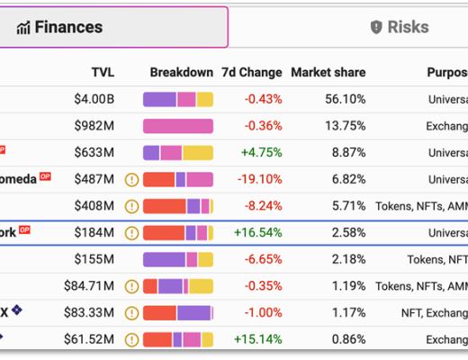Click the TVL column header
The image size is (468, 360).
tap(103, 72)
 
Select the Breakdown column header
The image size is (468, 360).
tap(181, 72)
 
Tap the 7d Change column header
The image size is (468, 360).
tap(251, 72)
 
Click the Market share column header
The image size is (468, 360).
tap(328, 72)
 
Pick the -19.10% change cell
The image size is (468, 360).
tap(259, 179)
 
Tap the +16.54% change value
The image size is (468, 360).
tap(258, 233)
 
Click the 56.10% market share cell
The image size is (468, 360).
tap(345, 100)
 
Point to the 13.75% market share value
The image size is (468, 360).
tap(345, 126)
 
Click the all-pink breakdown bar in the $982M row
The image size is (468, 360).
tap(178, 126)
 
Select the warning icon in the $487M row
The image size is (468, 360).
tap(132, 180)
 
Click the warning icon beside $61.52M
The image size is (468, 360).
tap(132, 340)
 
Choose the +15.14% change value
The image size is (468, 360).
tap(258, 340)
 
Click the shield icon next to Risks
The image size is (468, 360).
tap(376, 27)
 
